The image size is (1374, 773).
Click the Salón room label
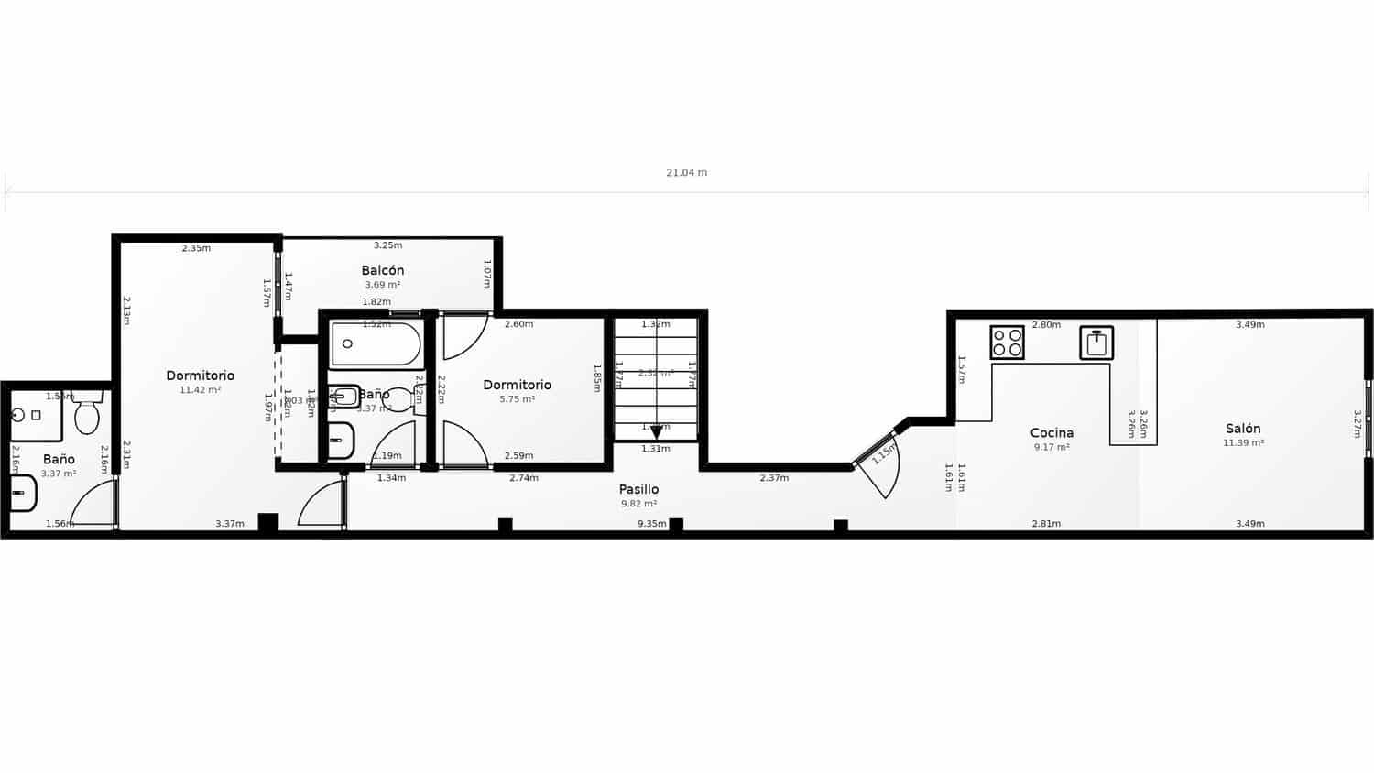point(1243,429)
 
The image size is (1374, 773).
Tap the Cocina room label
point(1052,433)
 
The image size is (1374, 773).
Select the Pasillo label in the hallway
point(638,489)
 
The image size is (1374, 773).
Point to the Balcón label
point(383,270)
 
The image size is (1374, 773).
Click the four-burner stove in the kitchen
point(1007,343)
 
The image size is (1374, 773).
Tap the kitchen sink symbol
point(1096,343)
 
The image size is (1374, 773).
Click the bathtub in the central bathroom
point(376,344)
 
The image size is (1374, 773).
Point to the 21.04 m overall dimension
point(686,172)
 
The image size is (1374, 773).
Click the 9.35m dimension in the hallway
point(651,524)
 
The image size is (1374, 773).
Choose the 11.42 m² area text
point(200,390)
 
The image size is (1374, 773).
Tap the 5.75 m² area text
point(517,399)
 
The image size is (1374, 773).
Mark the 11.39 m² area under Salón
point(1243,443)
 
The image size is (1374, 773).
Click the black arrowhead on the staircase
point(656,432)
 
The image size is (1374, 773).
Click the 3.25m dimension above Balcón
point(387,245)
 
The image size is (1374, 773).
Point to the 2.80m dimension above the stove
point(1046,325)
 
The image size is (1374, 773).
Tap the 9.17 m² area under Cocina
point(1052,448)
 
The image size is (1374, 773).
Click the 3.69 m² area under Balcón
point(383,285)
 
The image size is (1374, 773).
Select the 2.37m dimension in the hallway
point(774,478)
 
